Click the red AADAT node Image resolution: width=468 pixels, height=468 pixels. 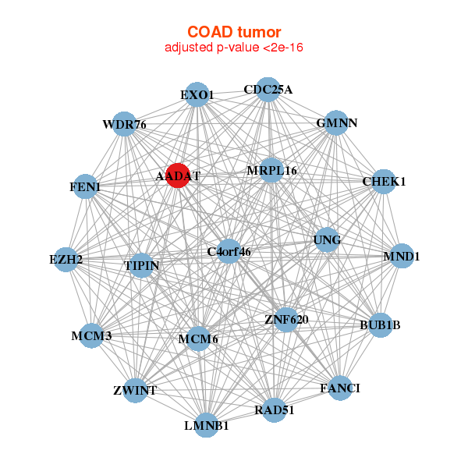click(x=178, y=175)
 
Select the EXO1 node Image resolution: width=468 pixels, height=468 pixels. click(x=197, y=94)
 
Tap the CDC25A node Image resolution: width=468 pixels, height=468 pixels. click(x=268, y=90)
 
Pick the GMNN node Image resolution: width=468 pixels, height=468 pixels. click(x=336, y=122)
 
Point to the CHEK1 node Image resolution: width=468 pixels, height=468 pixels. click(x=384, y=182)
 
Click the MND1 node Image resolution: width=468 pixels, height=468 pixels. click(x=402, y=256)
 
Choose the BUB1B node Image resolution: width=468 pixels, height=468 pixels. click(x=381, y=325)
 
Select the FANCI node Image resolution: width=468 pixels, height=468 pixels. click(x=340, y=388)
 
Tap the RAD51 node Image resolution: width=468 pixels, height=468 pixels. click(x=275, y=410)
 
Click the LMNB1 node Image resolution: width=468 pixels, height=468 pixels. click(x=206, y=425)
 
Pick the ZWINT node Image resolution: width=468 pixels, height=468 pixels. click(x=135, y=391)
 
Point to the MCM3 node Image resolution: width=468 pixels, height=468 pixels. click(x=91, y=335)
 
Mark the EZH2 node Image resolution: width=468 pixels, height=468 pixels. click(x=66, y=260)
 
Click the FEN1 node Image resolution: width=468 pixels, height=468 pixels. click(x=85, y=186)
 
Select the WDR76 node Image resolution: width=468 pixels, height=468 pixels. click(x=124, y=124)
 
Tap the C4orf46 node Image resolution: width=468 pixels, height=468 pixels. click(x=229, y=251)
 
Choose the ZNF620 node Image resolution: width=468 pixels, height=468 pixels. click(x=286, y=320)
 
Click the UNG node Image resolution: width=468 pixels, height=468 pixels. click(x=327, y=239)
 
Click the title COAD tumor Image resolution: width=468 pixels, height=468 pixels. click(x=234, y=32)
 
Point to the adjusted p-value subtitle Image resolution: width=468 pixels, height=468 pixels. click(x=234, y=48)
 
